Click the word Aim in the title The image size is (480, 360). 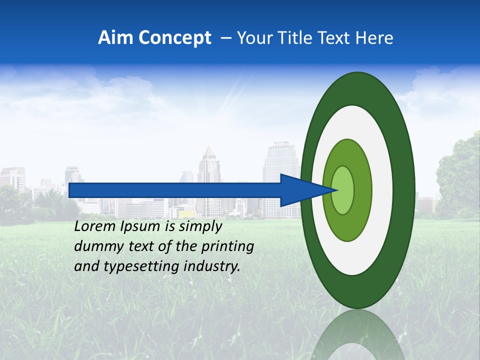click(115, 38)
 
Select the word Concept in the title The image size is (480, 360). click(174, 38)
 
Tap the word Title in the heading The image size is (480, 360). click(295, 38)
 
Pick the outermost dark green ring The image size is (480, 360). click(405, 190)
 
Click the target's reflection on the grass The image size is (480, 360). click(356, 335)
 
